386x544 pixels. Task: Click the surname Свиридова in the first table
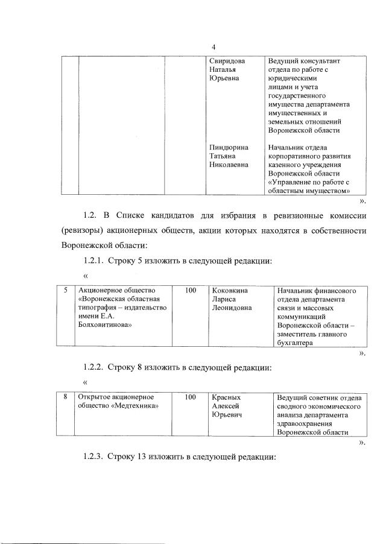(x=227, y=62)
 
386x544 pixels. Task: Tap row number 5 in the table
(x=65, y=291)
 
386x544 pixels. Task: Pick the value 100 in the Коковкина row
(x=191, y=291)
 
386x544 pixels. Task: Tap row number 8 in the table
(x=65, y=397)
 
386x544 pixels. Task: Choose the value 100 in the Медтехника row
(x=191, y=397)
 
